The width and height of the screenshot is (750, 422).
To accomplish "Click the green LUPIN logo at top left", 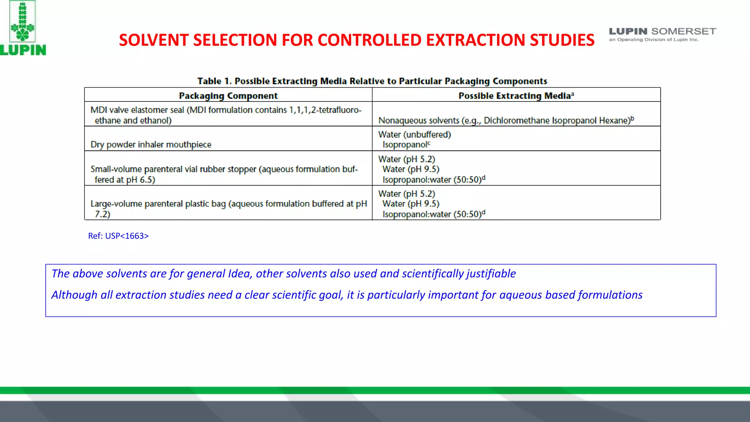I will [23, 29].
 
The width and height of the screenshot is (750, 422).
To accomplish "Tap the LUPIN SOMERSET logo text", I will [662, 32].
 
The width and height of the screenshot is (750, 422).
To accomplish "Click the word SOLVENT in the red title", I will [154, 40].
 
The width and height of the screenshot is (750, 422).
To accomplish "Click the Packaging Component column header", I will [228, 96].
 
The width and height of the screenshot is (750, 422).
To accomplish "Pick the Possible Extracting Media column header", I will [516, 96].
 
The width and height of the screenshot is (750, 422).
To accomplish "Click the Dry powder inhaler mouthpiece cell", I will [151, 145].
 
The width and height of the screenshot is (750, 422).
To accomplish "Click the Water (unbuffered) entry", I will [415, 134].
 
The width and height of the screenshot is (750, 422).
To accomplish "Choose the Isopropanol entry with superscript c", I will [406, 145].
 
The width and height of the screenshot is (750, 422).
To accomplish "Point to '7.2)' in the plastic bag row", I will [103, 214].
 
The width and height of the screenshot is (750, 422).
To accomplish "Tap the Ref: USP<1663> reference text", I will [118, 236].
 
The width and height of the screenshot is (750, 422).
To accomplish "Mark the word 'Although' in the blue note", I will [74, 295].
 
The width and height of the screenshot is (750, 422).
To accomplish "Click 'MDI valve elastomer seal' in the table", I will [137, 110].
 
